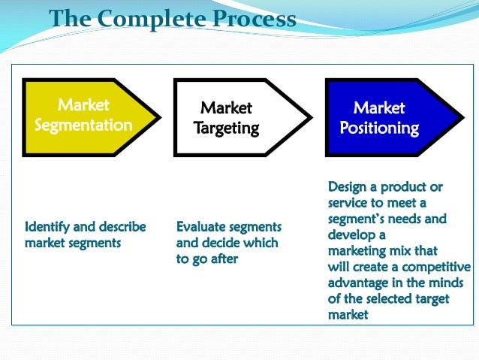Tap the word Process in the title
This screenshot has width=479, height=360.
click(x=252, y=19)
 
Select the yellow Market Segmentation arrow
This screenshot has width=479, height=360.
click(x=90, y=116)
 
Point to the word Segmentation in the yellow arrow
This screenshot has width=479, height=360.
click(x=83, y=126)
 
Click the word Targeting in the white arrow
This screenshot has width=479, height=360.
click(x=226, y=129)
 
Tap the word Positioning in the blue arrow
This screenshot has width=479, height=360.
click(x=379, y=128)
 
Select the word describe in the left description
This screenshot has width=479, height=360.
click(x=122, y=226)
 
